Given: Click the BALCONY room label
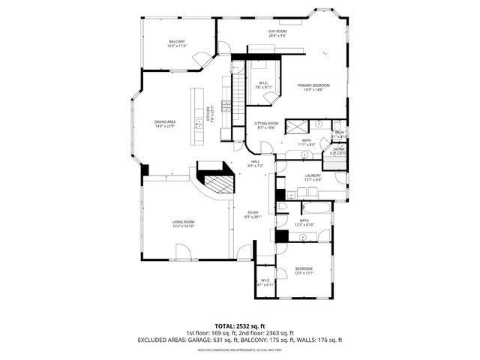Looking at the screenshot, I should (x=177, y=41).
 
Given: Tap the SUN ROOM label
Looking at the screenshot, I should (x=277, y=31).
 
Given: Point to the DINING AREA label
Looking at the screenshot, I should (x=165, y=121).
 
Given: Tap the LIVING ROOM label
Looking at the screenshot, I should (x=184, y=221).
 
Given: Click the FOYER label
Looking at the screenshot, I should (x=253, y=212).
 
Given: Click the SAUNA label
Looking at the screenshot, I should (x=340, y=149).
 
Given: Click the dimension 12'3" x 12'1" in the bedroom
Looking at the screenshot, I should (x=304, y=272).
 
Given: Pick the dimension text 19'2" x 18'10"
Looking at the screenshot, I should (x=184, y=226).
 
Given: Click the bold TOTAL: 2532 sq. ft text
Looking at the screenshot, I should (x=240, y=326).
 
